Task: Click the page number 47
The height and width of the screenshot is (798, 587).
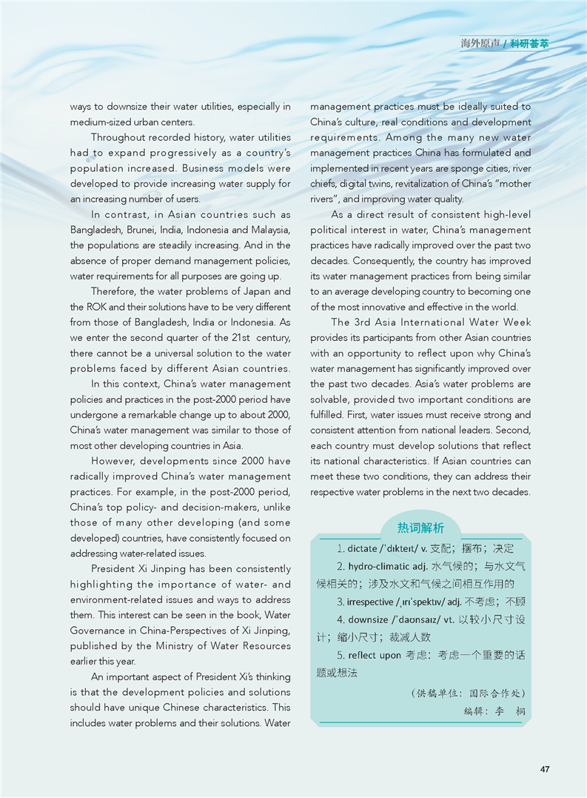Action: coord(544,769)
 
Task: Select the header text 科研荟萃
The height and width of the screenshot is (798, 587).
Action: coord(530,44)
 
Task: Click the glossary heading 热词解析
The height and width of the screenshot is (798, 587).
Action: coord(420,528)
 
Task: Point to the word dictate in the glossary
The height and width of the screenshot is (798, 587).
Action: coord(362,549)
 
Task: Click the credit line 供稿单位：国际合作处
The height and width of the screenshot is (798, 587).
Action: coord(468,694)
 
